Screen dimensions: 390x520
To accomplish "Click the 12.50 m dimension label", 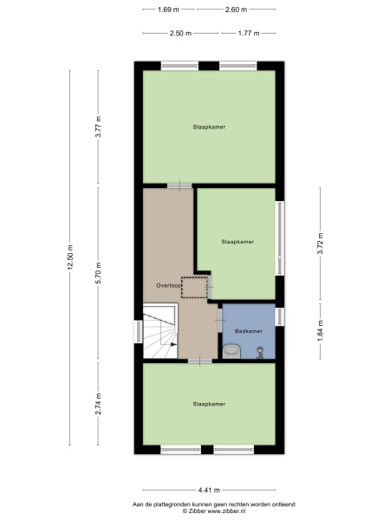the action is (70, 257).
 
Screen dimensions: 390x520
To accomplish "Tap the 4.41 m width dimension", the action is (209, 490).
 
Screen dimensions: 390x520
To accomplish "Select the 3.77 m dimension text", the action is (98, 127).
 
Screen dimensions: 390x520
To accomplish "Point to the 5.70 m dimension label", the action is (98, 273).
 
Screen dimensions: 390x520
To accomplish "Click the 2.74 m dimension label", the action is (98, 404).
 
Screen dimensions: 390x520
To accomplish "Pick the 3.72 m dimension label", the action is (321, 244).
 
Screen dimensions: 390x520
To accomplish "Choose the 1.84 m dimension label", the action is (321, 331).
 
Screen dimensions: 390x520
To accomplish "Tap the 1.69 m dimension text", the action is (168, 10).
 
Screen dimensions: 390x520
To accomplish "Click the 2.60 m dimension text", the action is (236, 10).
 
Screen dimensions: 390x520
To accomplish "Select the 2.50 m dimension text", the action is (181, 33).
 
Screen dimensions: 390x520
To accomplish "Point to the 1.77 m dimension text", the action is (249, 33).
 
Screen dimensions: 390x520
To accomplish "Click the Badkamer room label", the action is (249, 331).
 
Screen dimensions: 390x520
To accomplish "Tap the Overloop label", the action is (169, 285).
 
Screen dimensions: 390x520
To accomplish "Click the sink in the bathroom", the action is (231, 351).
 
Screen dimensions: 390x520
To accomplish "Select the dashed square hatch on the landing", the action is (194, 287).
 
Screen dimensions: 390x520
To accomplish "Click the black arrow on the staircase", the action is (173, 345).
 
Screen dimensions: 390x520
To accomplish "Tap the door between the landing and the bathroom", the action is (220, 320).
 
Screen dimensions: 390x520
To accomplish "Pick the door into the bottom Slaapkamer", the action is (200, 361).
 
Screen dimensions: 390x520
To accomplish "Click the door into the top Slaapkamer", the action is (179, 185).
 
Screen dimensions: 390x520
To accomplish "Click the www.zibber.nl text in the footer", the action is (226, 511).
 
